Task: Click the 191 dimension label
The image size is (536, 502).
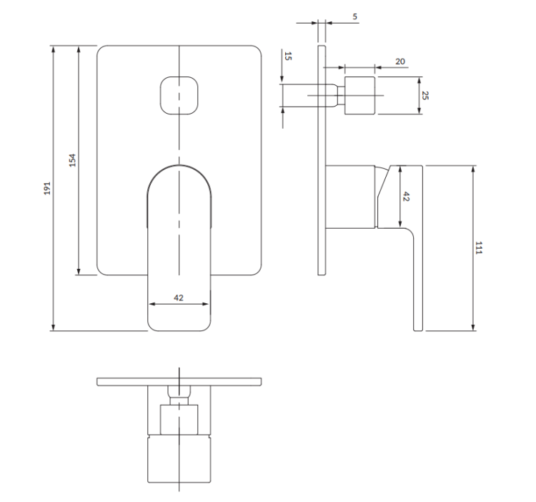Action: pos(46,188)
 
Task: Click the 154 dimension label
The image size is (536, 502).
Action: pos(71,160)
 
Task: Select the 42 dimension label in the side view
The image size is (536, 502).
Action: pos(407,197)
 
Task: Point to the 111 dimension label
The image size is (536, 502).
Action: pos(480,248)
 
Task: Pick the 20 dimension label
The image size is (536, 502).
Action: pos(399,61)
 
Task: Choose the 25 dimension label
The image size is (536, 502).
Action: pos(425,94)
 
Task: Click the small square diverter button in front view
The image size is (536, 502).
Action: pos(179,94)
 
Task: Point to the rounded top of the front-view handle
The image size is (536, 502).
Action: pos(179,172)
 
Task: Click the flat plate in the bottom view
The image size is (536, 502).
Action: pos(179,381)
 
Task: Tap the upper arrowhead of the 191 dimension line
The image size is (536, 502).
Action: pos(54,49)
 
